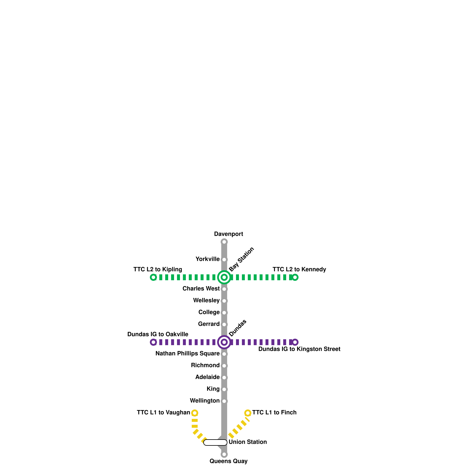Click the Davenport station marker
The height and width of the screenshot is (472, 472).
tap(224, 242)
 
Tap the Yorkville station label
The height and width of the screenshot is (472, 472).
tap(207, 259)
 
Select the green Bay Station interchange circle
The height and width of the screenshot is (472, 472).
tap(224, 277)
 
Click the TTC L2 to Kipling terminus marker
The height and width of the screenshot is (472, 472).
tap(153, 277)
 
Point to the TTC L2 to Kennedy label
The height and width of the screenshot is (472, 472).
tap(299, 269)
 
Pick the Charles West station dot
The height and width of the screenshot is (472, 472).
tap(224, 289)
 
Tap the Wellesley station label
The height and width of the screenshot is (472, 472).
tap(206, 301)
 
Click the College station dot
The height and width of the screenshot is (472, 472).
tap(224, 313)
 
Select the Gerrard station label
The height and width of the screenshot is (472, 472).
tap(209, 324)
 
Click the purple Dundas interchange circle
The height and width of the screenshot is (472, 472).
tap(224, 342)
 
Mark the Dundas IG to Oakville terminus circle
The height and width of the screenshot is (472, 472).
tap(153, 342)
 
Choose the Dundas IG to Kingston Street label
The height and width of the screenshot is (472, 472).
tap(299, 349)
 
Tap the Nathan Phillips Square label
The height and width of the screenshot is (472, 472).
tap(187, 354)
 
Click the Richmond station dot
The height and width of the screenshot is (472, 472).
tap(224, 366)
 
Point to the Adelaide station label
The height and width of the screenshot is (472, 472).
tap(207, 377)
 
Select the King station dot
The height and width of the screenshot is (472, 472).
tap(224, 389)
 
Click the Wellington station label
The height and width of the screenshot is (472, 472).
tap(204, 401)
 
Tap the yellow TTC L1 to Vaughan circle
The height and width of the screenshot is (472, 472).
tap(195, 413)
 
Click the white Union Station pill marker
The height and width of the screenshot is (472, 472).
tap(215, 442)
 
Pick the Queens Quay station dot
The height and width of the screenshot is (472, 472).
tap(224, 454)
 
